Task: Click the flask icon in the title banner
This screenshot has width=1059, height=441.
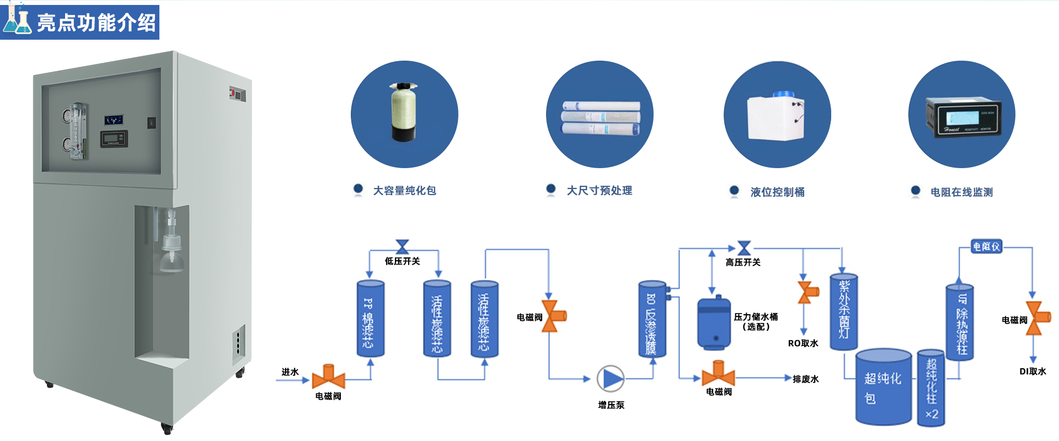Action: coord(17,20)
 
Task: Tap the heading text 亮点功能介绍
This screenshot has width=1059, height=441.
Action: coord(97,23)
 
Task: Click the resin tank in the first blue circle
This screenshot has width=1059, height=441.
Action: coord(404,112)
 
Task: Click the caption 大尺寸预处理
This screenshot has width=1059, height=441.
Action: coord(599,191)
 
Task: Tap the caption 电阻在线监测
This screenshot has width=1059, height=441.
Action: coord(961,192)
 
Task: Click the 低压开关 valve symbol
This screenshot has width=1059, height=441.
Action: coord(403,246)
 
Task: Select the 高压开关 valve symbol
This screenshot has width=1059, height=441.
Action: coord(744,248)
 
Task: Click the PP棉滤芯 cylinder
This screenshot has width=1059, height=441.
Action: coord(370,319)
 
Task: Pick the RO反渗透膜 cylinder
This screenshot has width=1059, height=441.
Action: coord(652,320)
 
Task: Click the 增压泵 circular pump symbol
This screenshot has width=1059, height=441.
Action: coord(611,379)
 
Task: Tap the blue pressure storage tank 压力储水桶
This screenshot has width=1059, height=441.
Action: coord(714,324)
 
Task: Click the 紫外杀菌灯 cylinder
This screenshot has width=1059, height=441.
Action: coord(843,311)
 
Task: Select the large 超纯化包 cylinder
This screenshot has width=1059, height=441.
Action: coord(883,388)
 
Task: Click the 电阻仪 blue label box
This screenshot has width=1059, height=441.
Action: coord(986,246)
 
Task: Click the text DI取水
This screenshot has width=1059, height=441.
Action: coord(1033,372)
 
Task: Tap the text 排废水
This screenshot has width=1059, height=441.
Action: coord(806,379)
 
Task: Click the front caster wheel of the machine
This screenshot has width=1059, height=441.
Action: coord(166,427)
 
